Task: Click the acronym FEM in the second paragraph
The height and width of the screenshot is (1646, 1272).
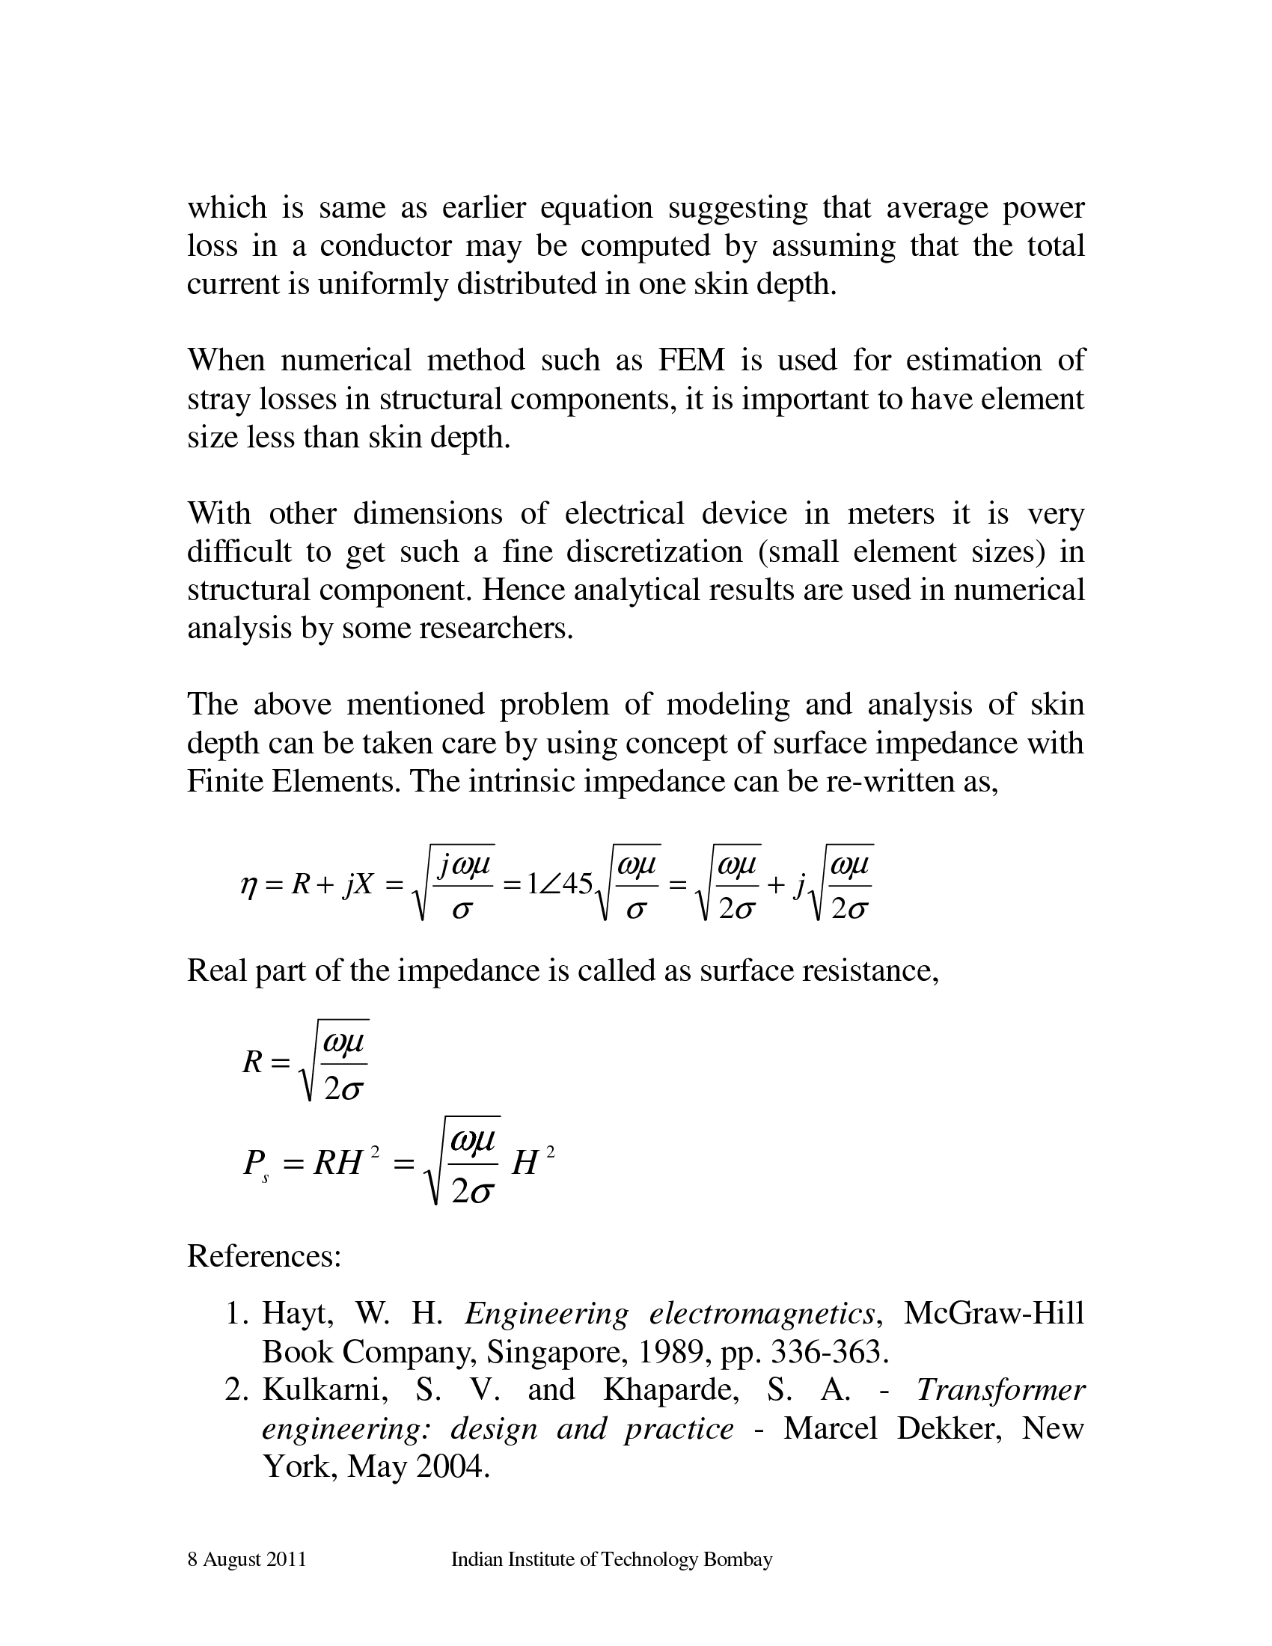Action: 691,361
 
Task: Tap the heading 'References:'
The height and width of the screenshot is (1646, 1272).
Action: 263,1255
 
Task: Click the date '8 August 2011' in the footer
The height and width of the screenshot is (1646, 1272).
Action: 246,1559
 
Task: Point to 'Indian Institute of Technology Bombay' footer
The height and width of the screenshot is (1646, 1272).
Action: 611,1559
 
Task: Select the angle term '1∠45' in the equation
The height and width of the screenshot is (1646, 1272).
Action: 560,884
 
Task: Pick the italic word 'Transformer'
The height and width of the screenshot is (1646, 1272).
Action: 1000,1390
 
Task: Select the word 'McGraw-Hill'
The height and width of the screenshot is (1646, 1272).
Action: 993,1314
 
